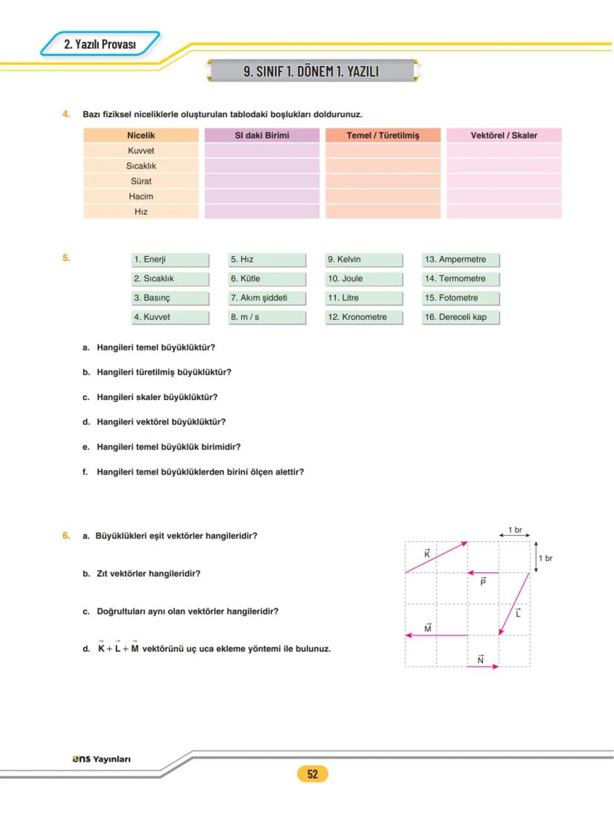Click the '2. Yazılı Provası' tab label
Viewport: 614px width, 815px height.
point(100,45)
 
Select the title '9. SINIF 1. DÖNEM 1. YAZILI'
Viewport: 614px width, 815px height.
point(311,71)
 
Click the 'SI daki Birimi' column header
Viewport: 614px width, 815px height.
point(262,135)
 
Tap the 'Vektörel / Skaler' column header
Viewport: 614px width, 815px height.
point(504,135)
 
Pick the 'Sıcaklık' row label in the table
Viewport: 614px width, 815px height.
point(141,166)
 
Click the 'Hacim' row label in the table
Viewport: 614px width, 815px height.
point(141,197)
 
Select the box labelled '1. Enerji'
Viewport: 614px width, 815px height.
point(170,260)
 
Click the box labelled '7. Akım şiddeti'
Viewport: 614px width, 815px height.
point(267,298)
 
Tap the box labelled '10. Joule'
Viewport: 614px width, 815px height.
point(364,279)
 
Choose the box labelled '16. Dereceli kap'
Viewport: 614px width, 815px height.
point(460,318)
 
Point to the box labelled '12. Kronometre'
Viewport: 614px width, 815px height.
point(364,318)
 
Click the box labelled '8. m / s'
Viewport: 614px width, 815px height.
point(267,318)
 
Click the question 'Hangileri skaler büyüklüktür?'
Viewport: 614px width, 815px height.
point(156,397)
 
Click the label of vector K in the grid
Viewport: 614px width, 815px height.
point(427,554)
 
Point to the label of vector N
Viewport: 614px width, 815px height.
point(481,658)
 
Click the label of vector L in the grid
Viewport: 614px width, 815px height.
point(518,613)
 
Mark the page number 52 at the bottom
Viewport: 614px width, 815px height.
point(312,774)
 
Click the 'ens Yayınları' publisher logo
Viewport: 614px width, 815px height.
point(101,759)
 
